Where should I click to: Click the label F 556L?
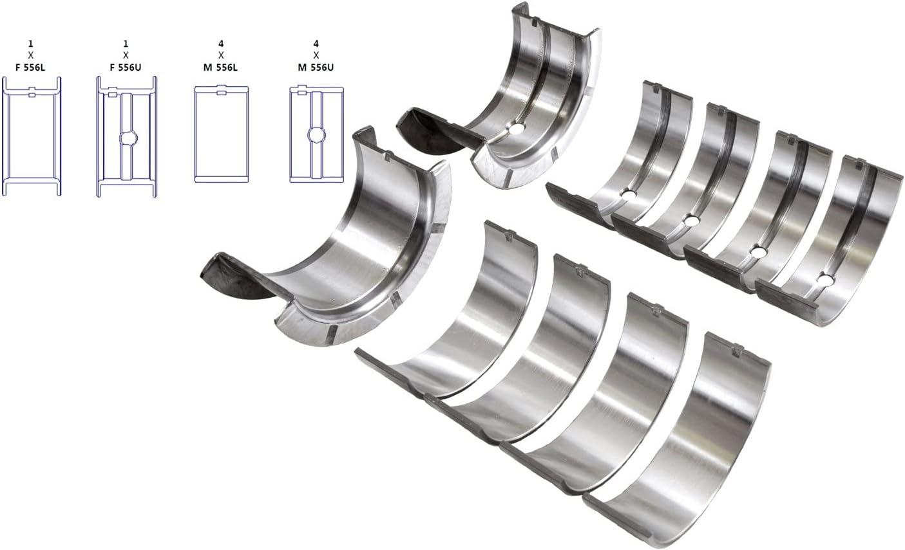[x=32, y=66]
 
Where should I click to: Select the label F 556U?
[x=126, y=66]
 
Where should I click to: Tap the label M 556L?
[x=221, y=66]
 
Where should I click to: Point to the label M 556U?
[x=316, y=66]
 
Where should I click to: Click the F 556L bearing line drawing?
[x=32, y=136]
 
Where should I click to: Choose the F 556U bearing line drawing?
[x=126, y=136]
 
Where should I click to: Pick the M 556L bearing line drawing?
[x=221, y=136]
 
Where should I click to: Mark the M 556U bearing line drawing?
[x=316, y=136]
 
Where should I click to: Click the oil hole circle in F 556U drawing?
[x=127, y=137]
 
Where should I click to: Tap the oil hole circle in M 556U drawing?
[x=316, y=134]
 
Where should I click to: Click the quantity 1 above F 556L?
[x=31, y=44]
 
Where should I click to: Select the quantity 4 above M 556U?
[x=316, y=44]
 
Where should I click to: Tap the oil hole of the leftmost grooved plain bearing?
[x=628, y=194]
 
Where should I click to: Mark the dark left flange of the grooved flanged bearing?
[x=428, y=125]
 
